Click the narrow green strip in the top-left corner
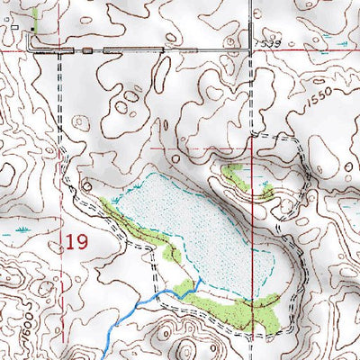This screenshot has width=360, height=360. (34, 15)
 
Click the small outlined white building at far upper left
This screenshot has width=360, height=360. (15, 28)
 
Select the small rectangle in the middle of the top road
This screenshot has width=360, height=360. (87, 50)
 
